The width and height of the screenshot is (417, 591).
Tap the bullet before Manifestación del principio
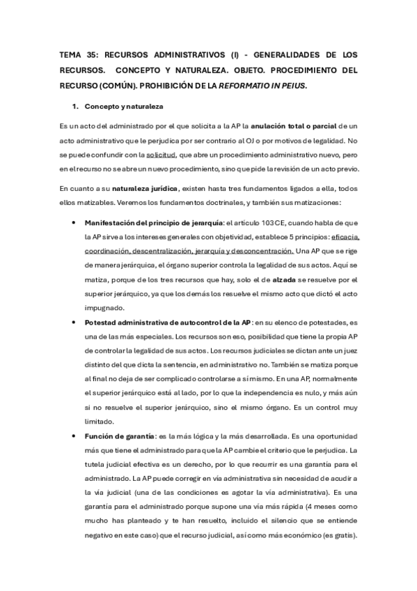pos(74,223)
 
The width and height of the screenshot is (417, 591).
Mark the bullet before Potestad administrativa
pos(74,323)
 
